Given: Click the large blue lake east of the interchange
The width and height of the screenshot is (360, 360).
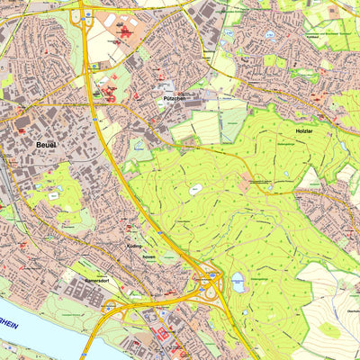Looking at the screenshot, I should [x=238, y=282].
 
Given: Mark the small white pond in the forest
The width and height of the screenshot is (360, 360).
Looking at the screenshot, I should [x=195, y=189].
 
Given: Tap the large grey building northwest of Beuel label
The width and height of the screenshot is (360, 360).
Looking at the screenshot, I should [x=22, y=121].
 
